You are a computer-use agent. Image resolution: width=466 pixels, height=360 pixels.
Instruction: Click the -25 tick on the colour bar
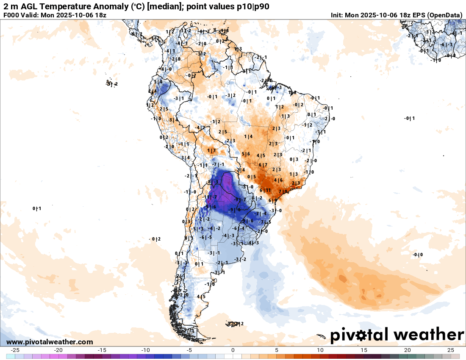pyautogui.click(x=15, y=350)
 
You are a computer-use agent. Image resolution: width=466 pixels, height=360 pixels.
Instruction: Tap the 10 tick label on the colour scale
pyautogui.click(x=320, y=350)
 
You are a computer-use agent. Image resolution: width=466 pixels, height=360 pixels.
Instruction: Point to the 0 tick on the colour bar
pyautogui.click(x=233, y=350)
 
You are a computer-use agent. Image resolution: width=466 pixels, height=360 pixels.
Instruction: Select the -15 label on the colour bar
pyautogui.click(x=102, y=350)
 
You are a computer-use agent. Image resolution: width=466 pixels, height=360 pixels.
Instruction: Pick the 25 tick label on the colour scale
pyautogui.click(x=451, y=350)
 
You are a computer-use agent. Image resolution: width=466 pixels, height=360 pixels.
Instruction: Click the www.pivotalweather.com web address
pyautogui.click(x=50, y=342)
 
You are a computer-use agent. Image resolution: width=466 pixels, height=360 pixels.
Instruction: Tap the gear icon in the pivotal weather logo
pyautogui.click(x=361, y=335)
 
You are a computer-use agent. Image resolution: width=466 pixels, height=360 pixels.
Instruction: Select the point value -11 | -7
pyautogui.click(x=210, y=197)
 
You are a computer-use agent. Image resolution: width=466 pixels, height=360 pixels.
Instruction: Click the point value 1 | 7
pyautogui.click(x=211, y=150)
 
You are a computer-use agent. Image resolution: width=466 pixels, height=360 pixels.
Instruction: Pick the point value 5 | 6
pyautogui.click(x=246, y=154)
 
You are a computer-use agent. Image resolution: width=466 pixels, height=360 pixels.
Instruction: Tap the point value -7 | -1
pyautogui.click(x=218, y=164)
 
